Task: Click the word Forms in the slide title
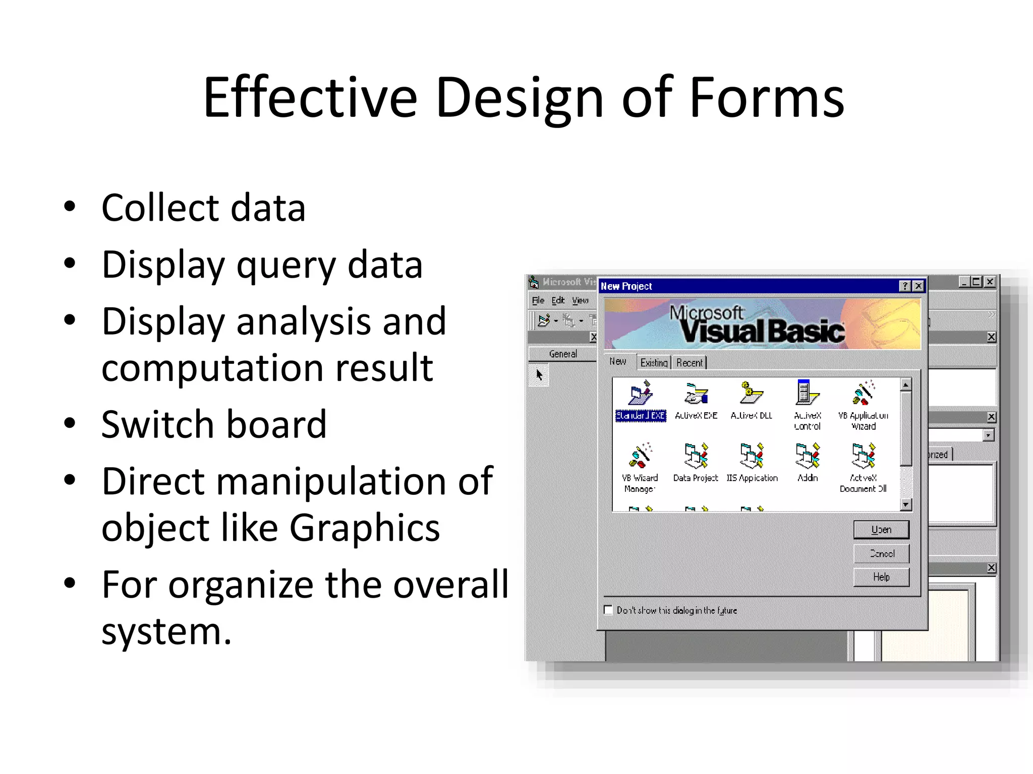pyautogui.click(x=766, y=97)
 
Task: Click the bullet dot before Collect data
pyautogui.click(x=70, y=206)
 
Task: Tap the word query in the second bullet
pyautogui.click(x=285, y=266)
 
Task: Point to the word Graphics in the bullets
pyautogui.click(x=364, y=528)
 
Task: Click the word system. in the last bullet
pyautogui.click(x=166, y=632)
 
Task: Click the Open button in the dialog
pyautogui.click(x=881, y=530)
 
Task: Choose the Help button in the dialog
pyautogui.click(x=881, y=577)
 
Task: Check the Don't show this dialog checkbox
pyautogui.click(x=608, y=610)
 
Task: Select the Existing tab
pyautogui.click(x=654, y=363)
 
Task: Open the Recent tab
pyautogui.click(x=689, y=363)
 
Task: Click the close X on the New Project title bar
pyautogui.click(x=919, y=286)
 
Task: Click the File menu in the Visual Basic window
pyautogui.click(x=538, y=301)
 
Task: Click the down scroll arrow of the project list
pyautogui.click(x=906, y=504)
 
